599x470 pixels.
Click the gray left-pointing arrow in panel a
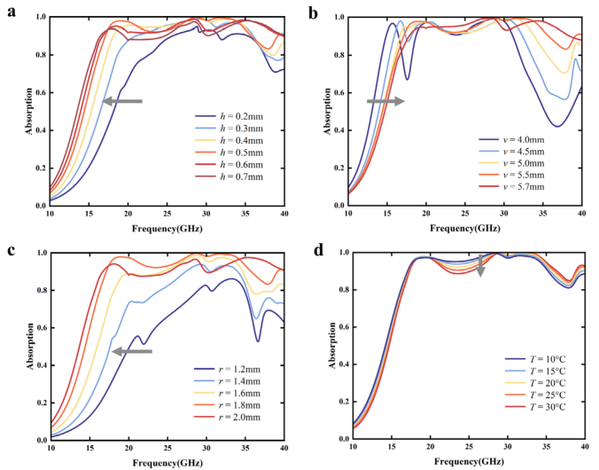(122, 101)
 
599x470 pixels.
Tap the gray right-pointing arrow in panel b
(385, 101)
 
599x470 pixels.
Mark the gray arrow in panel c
(132, 351)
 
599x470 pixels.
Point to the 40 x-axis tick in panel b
(581, 214)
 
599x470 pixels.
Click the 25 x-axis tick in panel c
(167, 449)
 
